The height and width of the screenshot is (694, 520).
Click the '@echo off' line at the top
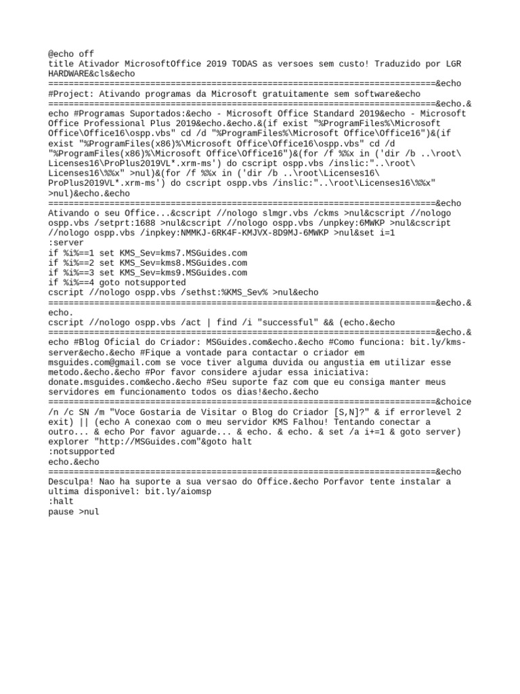coord(71,54)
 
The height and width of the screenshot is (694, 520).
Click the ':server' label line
coord(66,243)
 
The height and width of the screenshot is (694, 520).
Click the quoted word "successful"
coord(288,322)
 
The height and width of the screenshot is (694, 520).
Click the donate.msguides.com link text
coord(93,382)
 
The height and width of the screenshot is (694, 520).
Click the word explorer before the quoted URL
coord(68,441)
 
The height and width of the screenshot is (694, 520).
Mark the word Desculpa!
coord(71,481)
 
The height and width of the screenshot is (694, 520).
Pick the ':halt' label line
coord(61,502)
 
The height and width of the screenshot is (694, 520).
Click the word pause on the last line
coord(61,512)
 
